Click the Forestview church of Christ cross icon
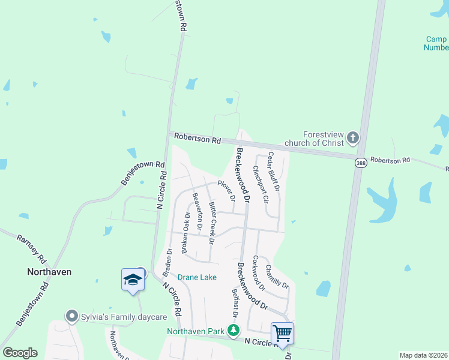(x=352, y=139)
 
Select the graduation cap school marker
(x=132, y=279)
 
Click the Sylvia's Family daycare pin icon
(x=73, y=316)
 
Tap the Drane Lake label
(x=197, y=277)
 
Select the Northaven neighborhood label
(x=49, y=271)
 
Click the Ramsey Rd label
(x=31, y=249)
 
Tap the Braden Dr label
(x=168, y=259)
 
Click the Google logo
(x=20, y=353)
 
